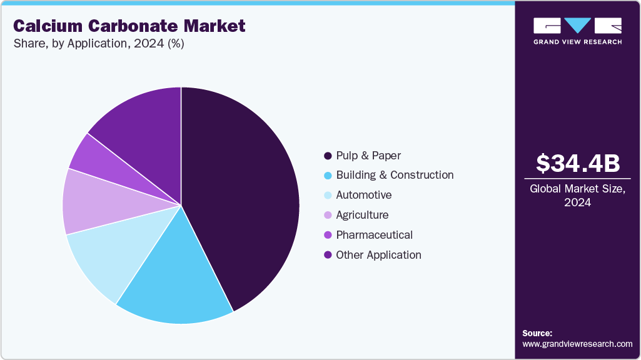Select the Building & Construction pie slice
tap(175, 281)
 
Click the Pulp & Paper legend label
tap(368, 155)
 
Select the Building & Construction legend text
tap(395, 175)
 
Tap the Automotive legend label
tap(363, 195)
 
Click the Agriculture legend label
tap(362, 215)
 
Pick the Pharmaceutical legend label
tap(374, 235)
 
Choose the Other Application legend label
tap(378, 255)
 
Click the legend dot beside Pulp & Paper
tap(327, 156)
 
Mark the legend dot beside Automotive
tap(327, 196)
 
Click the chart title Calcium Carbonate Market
tap(129, 26)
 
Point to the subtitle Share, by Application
tap(99, 44)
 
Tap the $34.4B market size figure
tap(578, 163)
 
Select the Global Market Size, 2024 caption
tap(578, 196)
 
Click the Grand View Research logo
tap(578, 31)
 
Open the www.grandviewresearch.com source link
tap(577, 344)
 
